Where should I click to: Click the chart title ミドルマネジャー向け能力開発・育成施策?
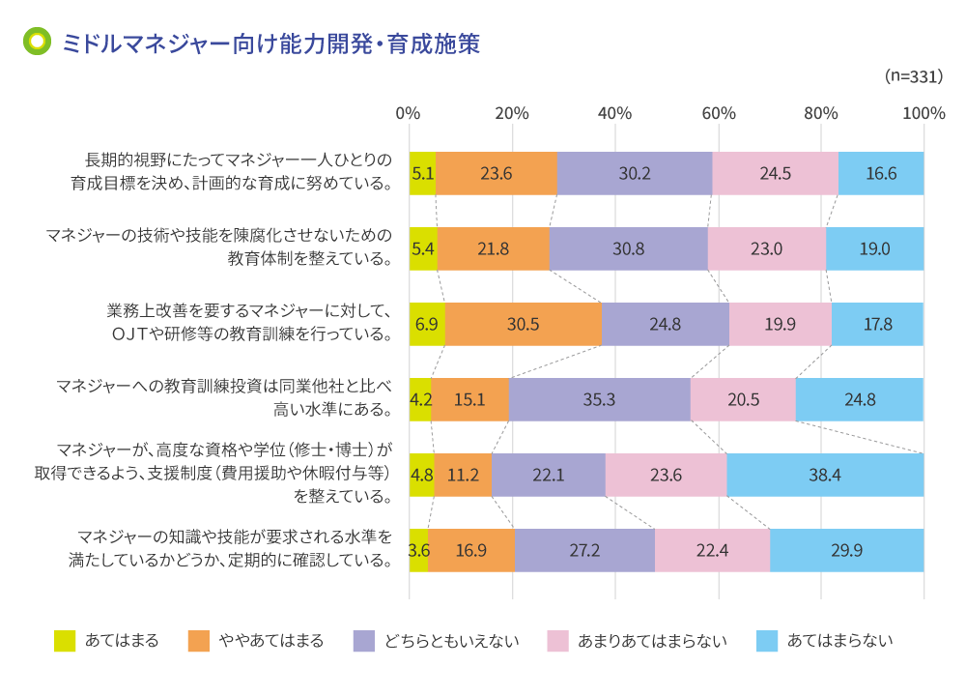point(270,43)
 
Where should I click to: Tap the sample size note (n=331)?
point(913,76)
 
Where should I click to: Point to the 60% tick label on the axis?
point(718,113)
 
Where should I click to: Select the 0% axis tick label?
point(409,113)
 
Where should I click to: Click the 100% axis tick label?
point(923,113)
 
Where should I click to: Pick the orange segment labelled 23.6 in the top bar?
point(497,174)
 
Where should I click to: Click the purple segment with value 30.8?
point(628,248)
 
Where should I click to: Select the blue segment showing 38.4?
point(825,475)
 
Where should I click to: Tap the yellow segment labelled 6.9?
point(427,324)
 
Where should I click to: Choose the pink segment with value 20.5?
point(743,399)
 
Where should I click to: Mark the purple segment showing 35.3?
point(600,399)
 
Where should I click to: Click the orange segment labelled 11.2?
point(463,475)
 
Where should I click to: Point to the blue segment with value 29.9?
point(847,550)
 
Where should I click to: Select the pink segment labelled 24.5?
point(775,174)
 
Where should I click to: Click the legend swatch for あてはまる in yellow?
point(65,641)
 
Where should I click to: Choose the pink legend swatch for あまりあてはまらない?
point(557,641)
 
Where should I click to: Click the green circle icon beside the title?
point(37,43)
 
